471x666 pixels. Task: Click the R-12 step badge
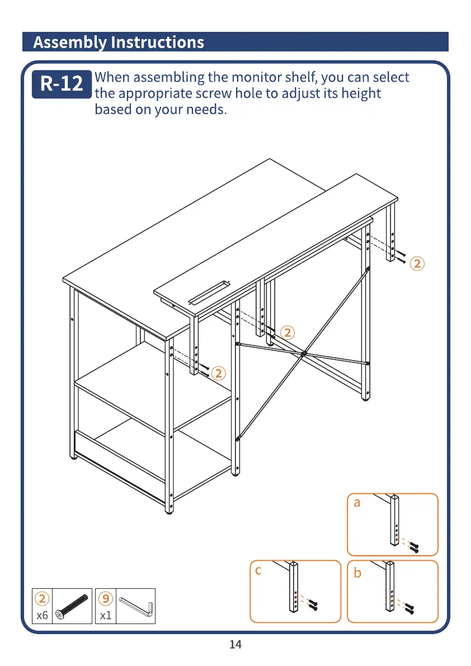coord(62,84)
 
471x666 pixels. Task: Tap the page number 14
coord(235,644)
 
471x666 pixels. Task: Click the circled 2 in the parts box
coord(42,598)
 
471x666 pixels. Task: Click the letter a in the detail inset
coord(357,503)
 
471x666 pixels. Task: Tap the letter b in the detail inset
coord(358,573)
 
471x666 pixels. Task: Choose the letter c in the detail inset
coord(258,571)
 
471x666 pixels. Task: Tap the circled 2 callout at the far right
coord(417,263)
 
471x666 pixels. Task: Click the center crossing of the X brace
coord(303,354)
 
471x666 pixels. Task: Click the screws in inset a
coord(413,546)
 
